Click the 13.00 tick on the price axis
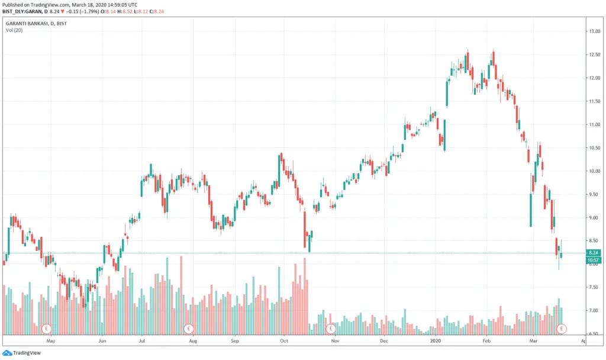click(594, 31)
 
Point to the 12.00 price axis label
click(594, 78)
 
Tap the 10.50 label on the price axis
click(594, 147)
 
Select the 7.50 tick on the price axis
click(594, 287)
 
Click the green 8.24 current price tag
click(594, 252)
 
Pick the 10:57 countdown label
click(594, 260)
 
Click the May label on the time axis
click(51, 341)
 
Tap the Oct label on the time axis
click(284, 341)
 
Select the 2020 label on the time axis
click(435, 341)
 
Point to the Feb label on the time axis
click(486, 341)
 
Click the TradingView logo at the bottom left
click(22, 353)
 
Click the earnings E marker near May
click(46, 329)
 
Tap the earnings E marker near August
click(189, 329)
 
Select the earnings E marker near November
click(331, 329)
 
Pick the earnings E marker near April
click(561, 329)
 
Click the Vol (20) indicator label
click(14, 30)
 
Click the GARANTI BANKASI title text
click(27, 24)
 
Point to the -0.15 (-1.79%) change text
click(83, 12)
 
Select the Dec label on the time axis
click(383, 341)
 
